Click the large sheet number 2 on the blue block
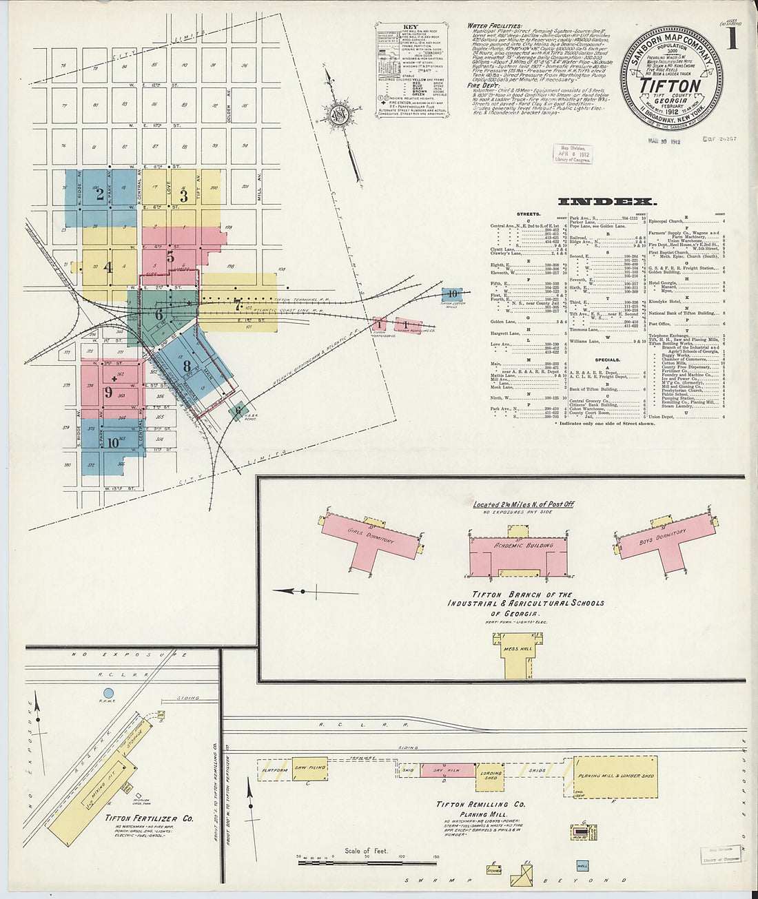click(100, 195)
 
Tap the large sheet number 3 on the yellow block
click(183, 196)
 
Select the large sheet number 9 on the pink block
click(108, 393)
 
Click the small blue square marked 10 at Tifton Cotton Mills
click(451, 296)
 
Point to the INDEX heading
click(606, 202)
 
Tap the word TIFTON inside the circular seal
click(670, 86)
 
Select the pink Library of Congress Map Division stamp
click(572, 154)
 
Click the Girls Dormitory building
click(372, 540)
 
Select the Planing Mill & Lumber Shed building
click(615, 776)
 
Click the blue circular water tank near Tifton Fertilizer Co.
click(108, 693)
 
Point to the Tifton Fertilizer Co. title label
click(149, 818)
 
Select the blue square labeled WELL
click(582, 866)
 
